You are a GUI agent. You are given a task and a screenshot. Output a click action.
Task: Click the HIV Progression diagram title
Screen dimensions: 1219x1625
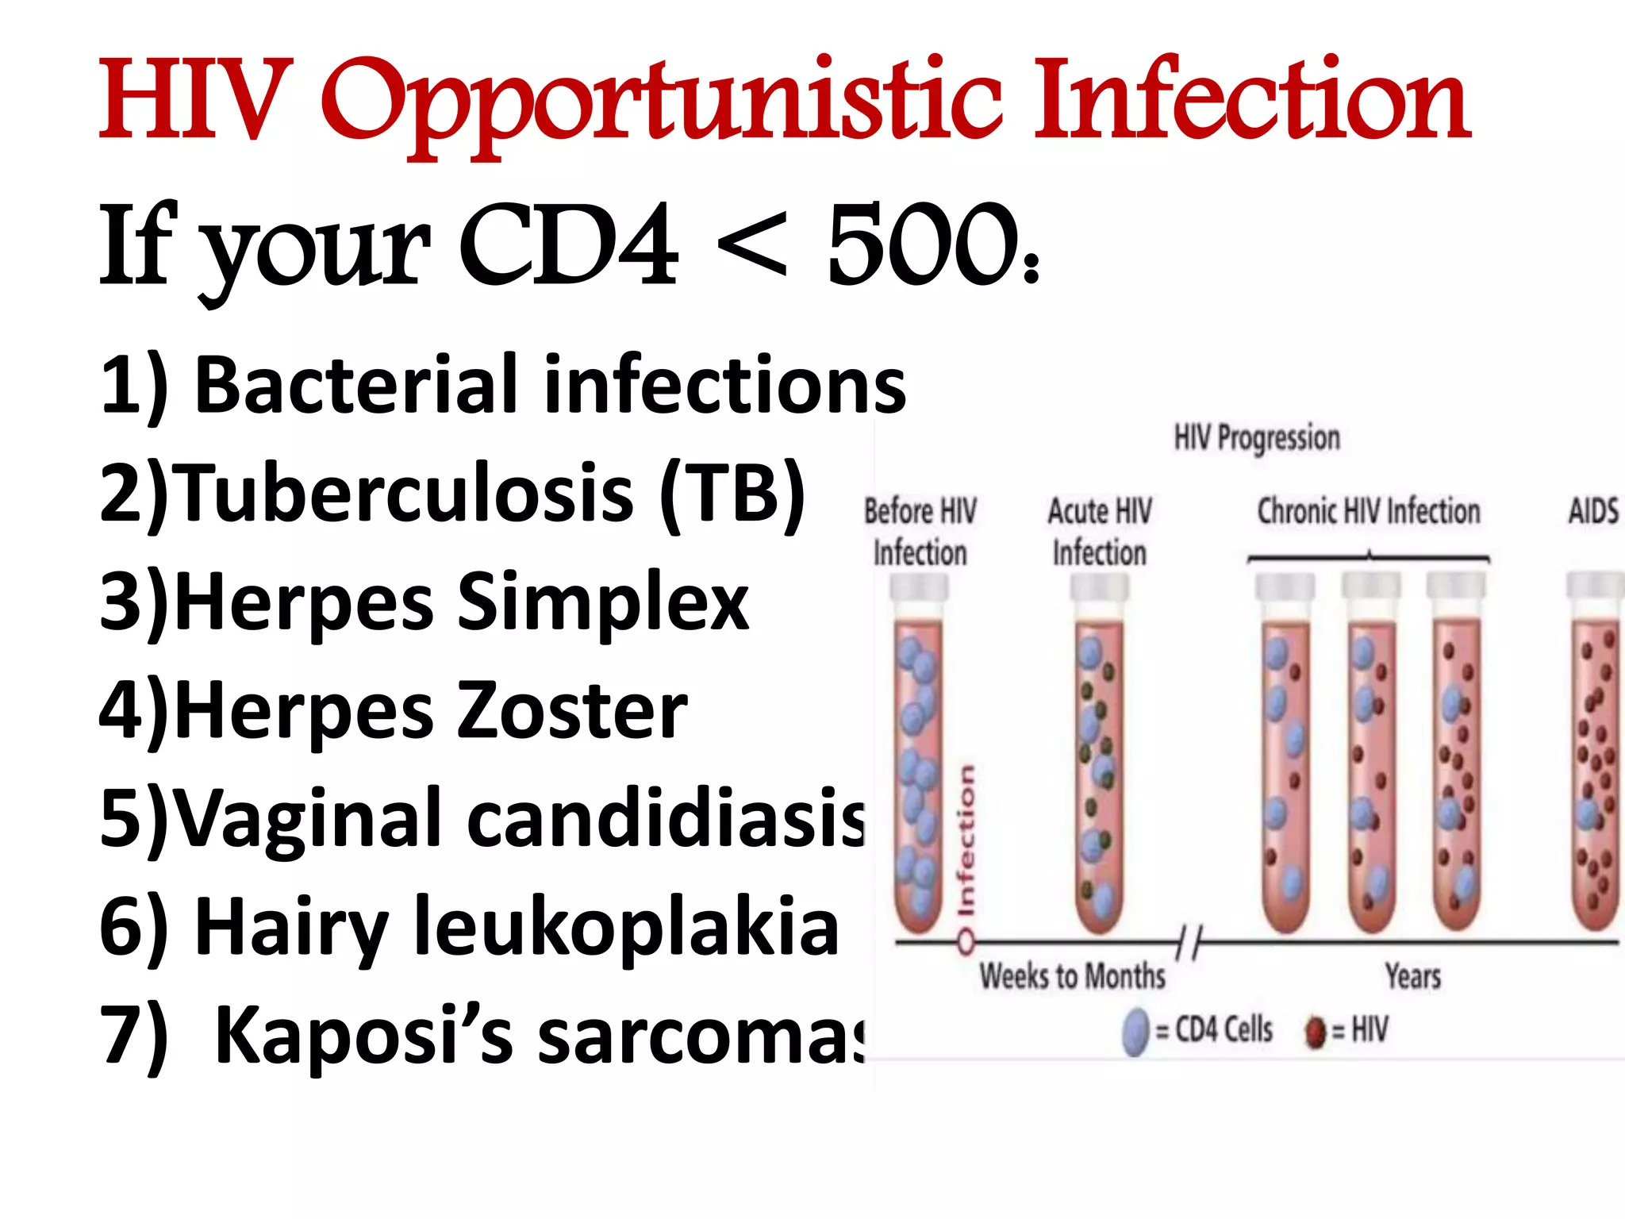tap(1257, 438)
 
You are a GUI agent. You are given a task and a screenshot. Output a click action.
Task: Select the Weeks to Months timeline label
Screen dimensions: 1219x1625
tap(1073, 976)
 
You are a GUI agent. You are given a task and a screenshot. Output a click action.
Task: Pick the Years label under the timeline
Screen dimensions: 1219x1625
tap(1413, 976)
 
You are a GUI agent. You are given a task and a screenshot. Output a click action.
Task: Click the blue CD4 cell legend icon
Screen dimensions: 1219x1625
tap(1136, 1031)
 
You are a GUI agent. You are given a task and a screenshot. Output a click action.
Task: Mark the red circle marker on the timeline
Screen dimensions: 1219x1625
tap(966, 943)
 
